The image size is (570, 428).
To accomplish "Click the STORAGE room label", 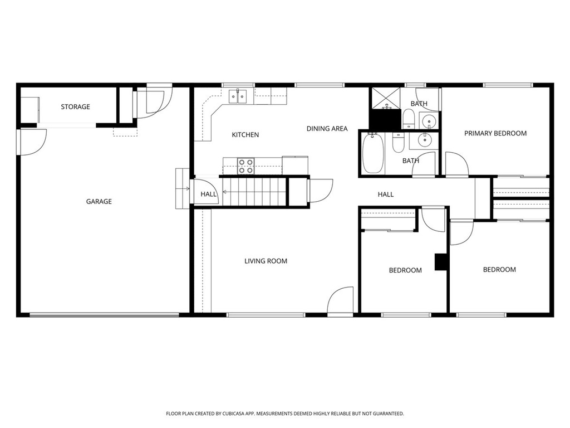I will click(x=75, y=106).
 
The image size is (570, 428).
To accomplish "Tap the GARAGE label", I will click(x=99, y=201).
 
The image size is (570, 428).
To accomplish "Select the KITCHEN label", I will click(x=245, y=134).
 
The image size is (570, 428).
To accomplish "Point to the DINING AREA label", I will click(x=327, y=129).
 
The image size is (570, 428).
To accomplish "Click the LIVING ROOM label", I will click(x=266, y=261).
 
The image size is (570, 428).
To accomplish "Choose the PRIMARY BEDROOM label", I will click(x=495, y=133).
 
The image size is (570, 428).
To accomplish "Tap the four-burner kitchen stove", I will click(x=245, y=166).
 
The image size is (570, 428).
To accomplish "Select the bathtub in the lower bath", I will click(x=372, y=154).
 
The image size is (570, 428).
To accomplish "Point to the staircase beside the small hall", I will click(x=254, y=191).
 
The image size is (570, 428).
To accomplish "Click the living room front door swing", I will click(x=341, y=301).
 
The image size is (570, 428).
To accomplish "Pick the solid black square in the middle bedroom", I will click(x=441, y=262).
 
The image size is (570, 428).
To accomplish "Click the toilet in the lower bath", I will click(x=399, y=143).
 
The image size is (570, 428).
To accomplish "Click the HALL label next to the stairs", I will click(x=209, y=194).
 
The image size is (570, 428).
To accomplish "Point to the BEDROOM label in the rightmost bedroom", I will click(x=499, y=270).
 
